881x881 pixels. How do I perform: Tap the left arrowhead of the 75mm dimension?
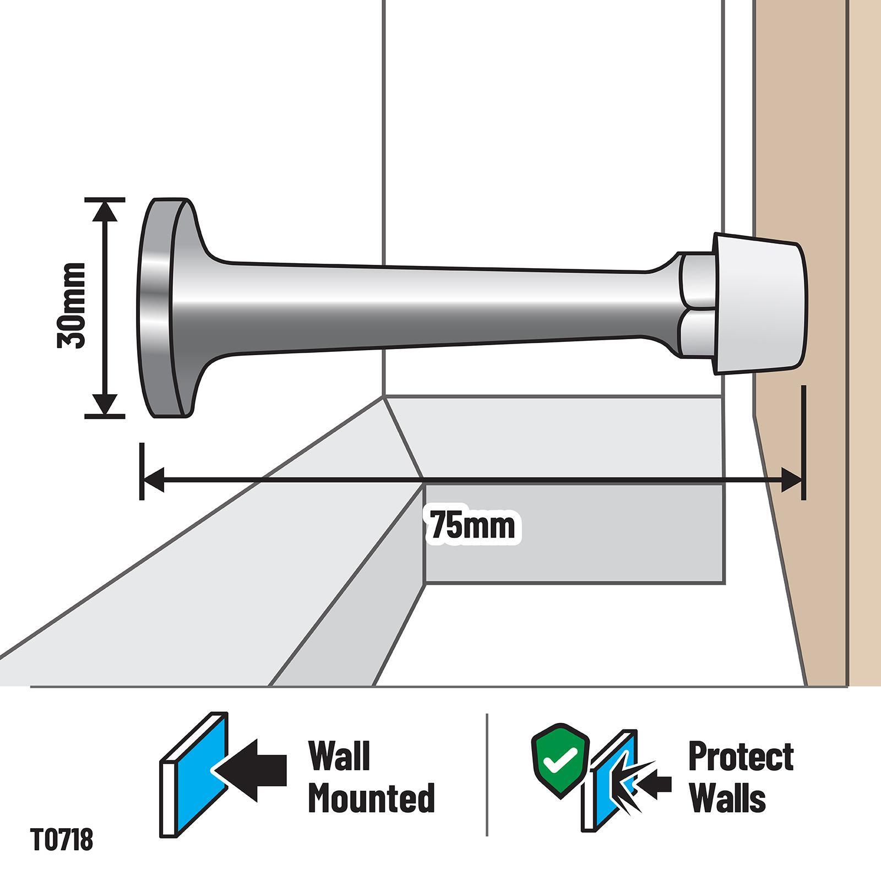(x=154, y=479)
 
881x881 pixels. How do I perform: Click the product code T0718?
(x=62, y=840)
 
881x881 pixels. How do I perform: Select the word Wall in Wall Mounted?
(x=339, y=755)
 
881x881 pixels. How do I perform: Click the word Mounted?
(x=372, y=797)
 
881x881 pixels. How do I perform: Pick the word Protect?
(x=741, y=757)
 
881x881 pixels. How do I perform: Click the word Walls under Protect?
(x=728, y=798)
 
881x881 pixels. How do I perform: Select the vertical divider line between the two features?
(x=487, y=775)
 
